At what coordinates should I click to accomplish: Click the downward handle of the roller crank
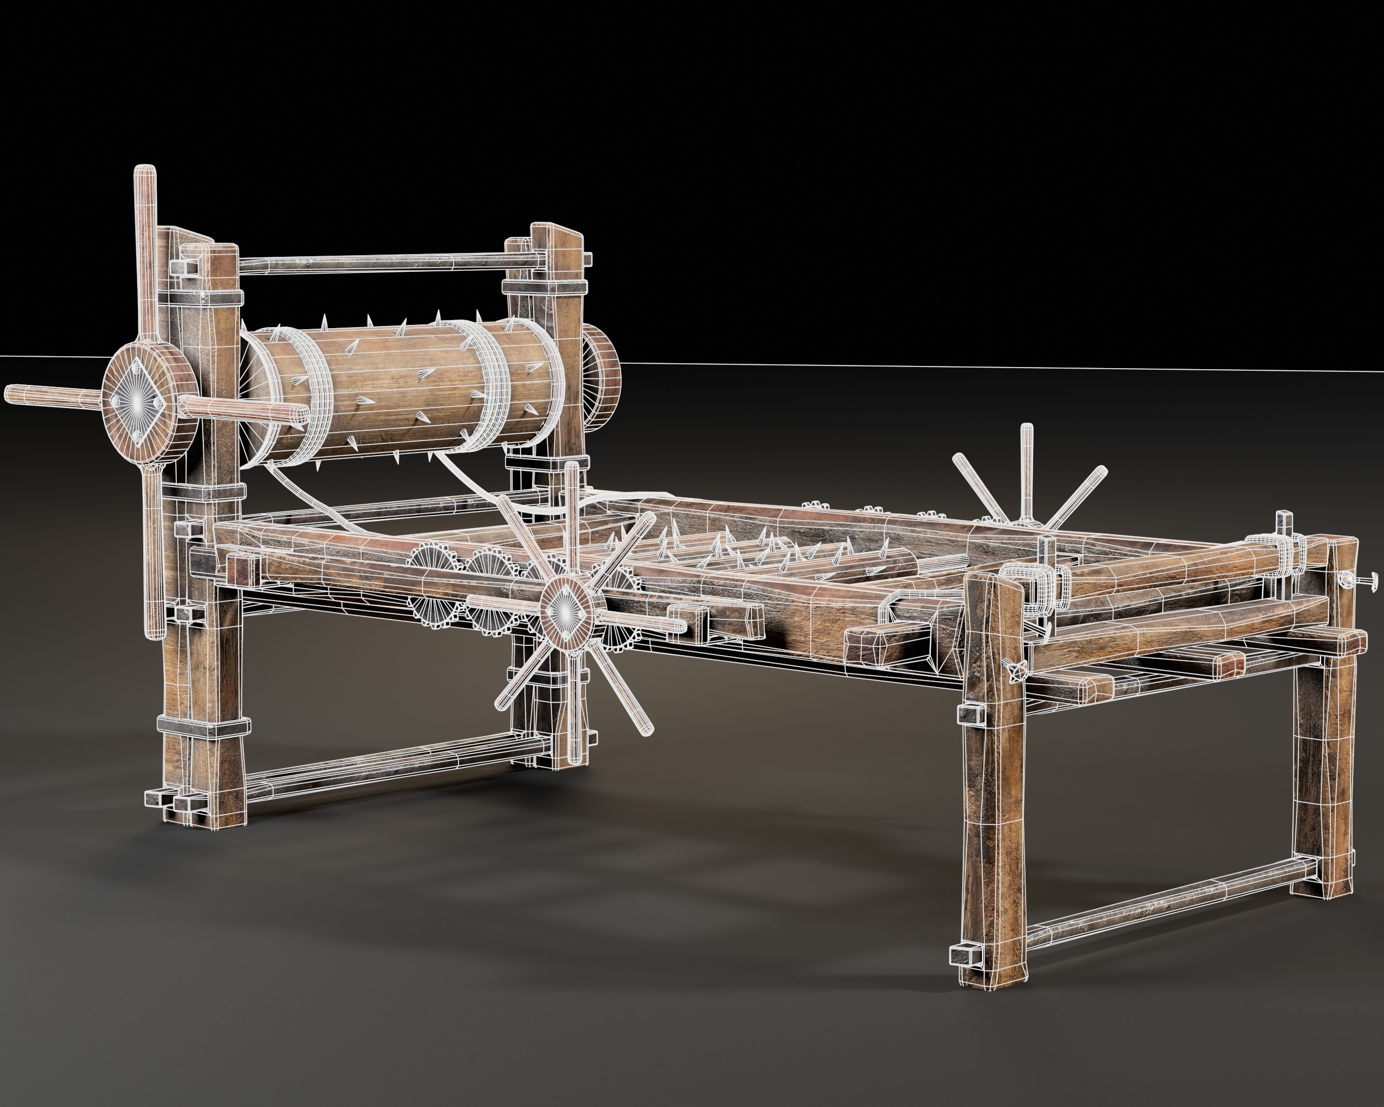click(x=154, y=552)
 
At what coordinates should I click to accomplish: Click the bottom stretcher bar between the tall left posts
click(x=385, y=773)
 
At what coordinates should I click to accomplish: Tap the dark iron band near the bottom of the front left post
click(x=204, y=726)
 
